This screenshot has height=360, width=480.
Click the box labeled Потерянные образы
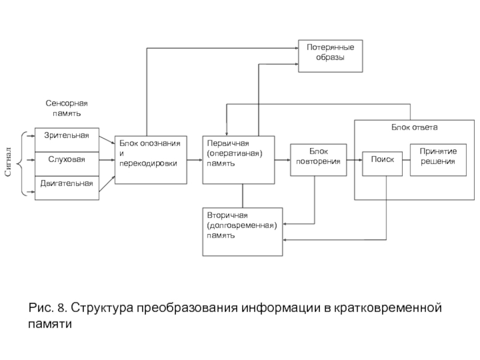[331, 56]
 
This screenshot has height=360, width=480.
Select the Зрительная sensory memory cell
[67, 140]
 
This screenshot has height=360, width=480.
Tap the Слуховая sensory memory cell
[67, 164]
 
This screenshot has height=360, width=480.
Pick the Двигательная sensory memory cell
[67, 188]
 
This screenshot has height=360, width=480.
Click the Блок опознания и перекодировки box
[151, 160]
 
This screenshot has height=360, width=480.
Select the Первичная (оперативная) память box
[238, 160]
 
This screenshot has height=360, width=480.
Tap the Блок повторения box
[319, 160]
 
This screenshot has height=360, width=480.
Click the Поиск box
[382, 164]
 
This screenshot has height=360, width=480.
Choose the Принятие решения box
[439, 160]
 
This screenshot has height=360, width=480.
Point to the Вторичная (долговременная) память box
[242, 232]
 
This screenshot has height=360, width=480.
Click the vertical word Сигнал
[8, 162]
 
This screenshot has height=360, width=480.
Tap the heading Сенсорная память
[67, 108]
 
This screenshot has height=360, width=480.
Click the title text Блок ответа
[415, 127]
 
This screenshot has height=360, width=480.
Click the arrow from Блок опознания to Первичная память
[194, 160]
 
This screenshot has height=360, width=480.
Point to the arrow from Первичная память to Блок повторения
[282, 160]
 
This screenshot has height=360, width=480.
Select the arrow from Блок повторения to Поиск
[355, 160]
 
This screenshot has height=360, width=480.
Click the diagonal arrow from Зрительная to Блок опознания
[107, 140]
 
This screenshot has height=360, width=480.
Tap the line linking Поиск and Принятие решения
[406, 160]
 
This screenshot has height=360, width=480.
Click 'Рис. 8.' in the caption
[48, 307]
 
